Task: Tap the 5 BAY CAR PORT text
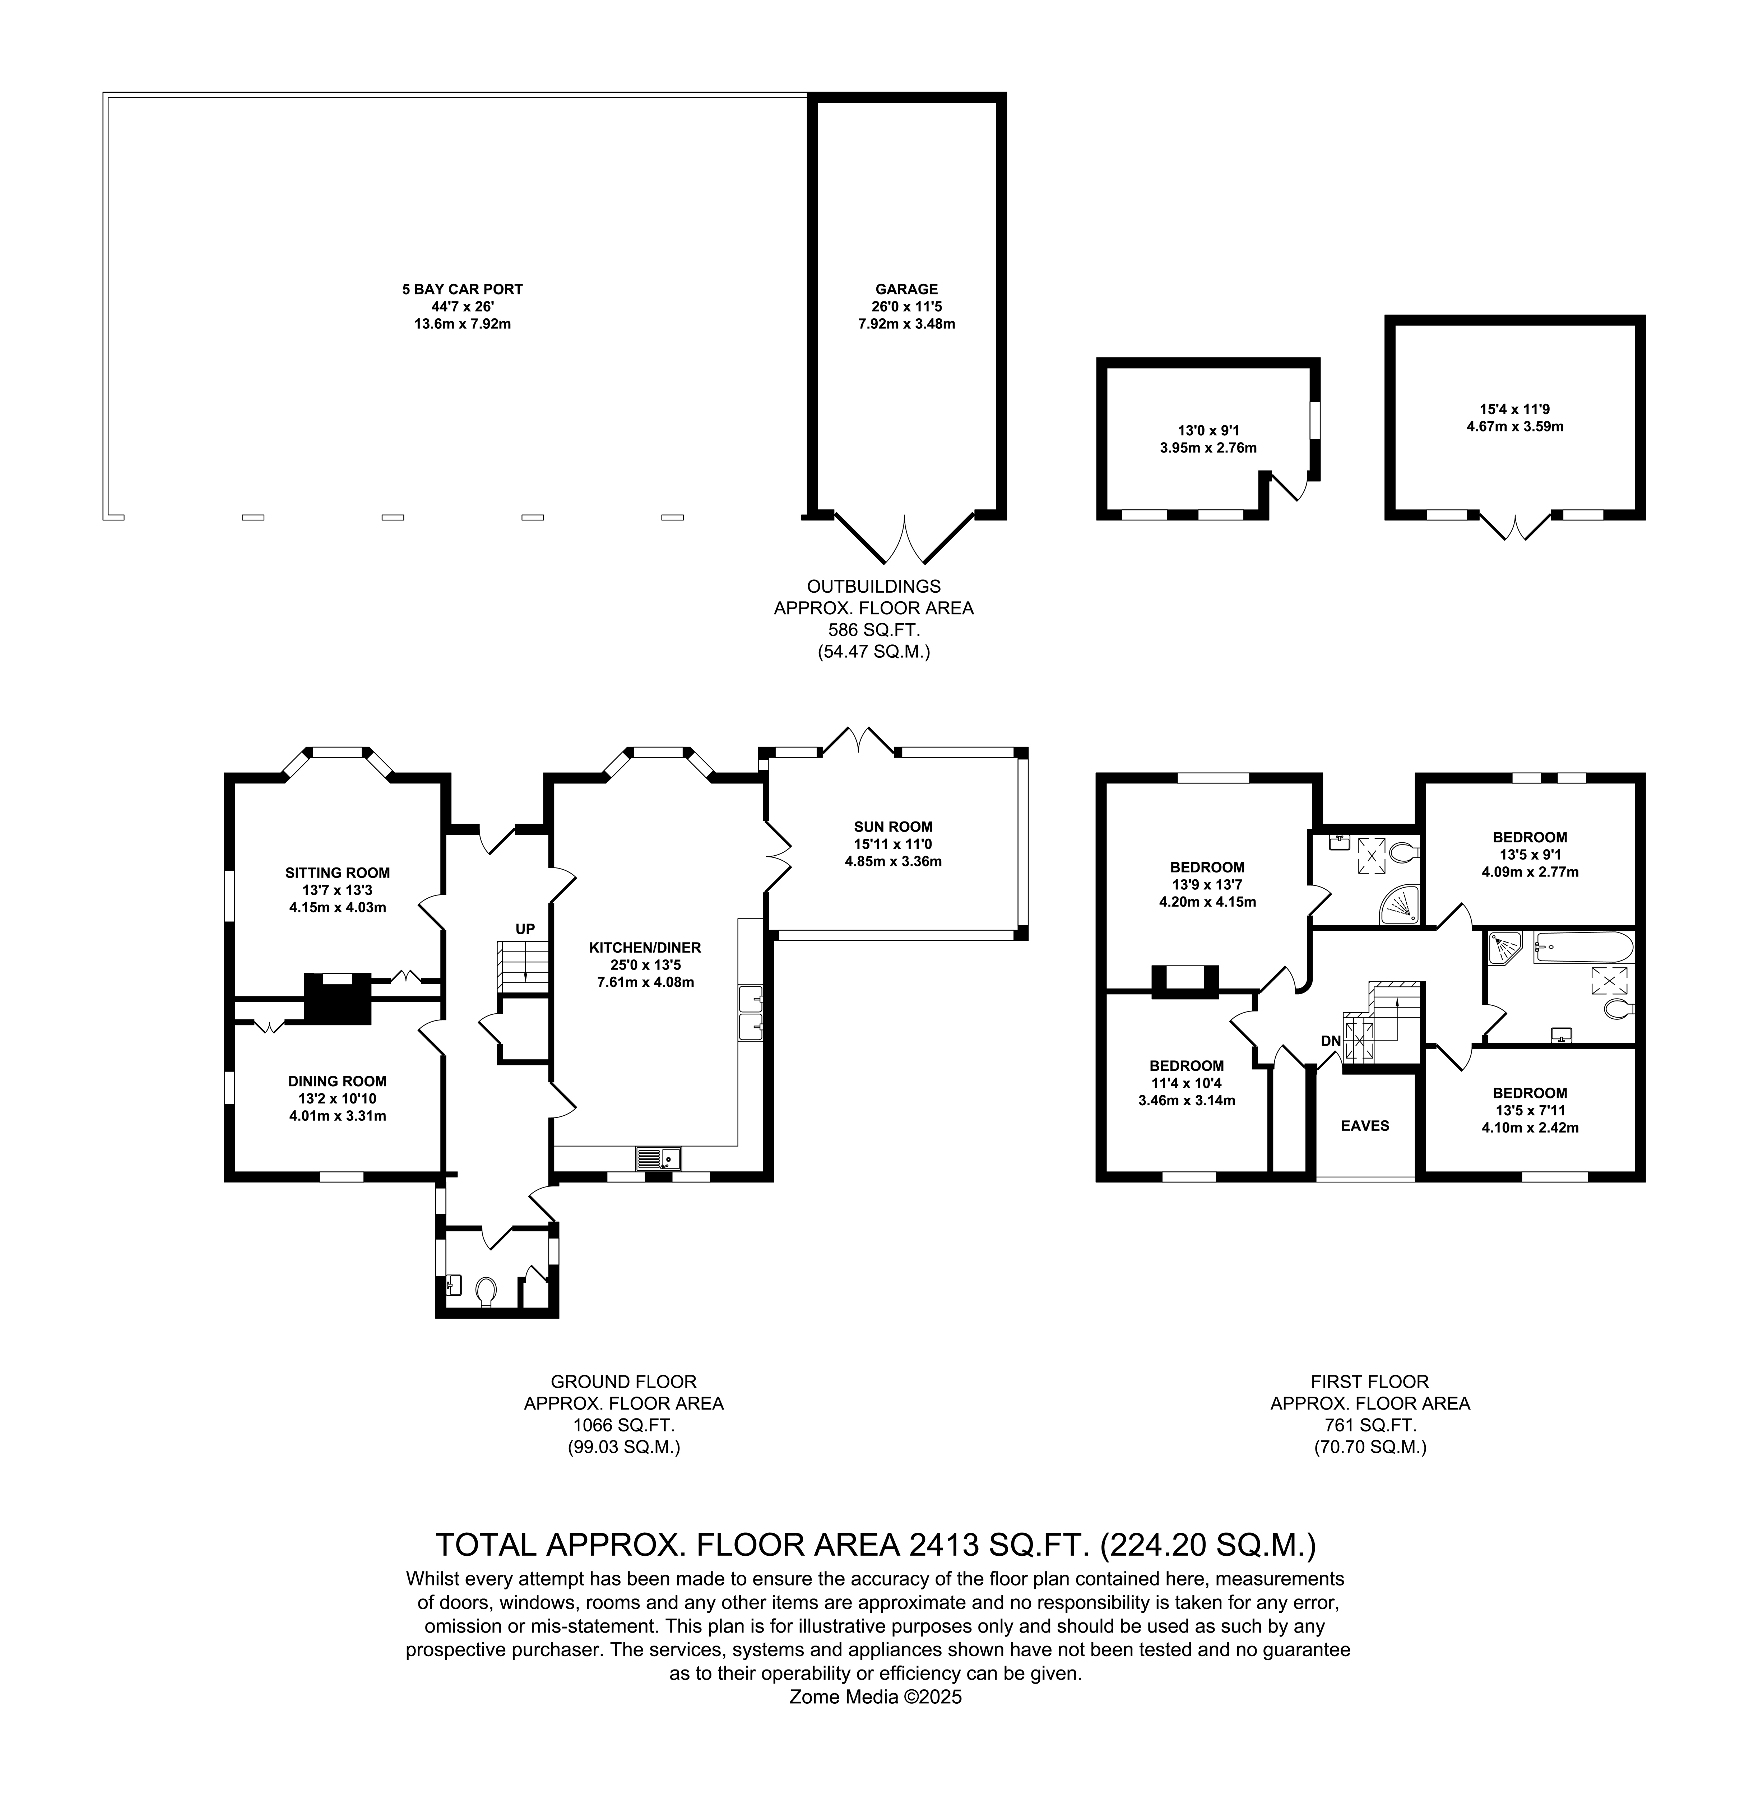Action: click(x=462, y=290)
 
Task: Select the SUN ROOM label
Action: click(x=893, y=827)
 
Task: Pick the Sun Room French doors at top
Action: click(x=858, y=740)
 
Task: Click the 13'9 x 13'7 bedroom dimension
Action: click(x=1207, y=885)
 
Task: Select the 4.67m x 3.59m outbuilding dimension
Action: click(x=1515, y=426)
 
